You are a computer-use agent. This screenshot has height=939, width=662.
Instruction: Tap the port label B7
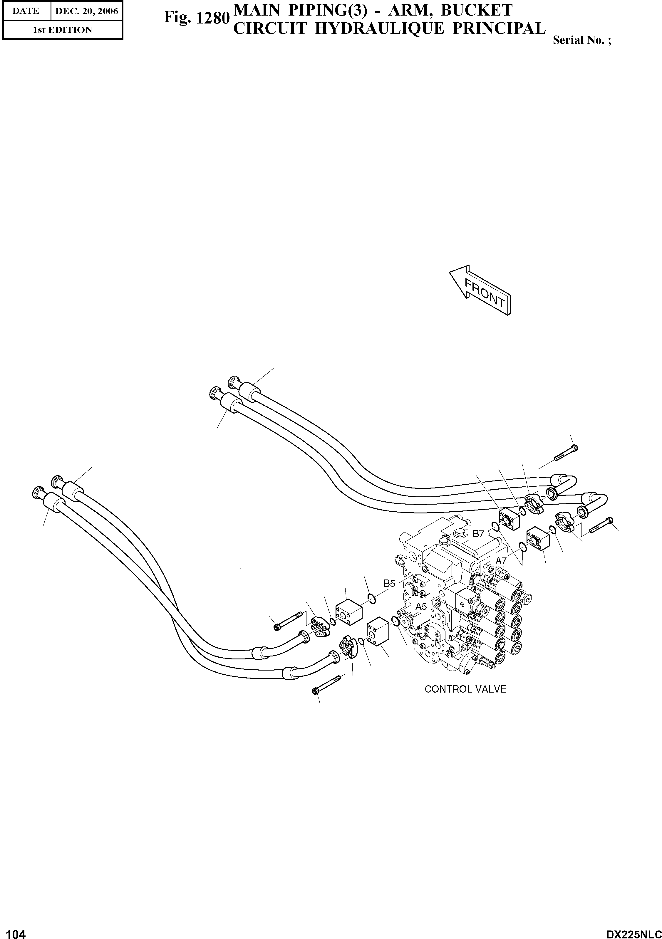click(478, 534)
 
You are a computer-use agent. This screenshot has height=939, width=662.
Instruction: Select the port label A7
click(501, 561)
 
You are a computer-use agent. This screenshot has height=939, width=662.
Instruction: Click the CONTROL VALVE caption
click(465, 689)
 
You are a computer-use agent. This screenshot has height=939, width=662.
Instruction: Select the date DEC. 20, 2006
click(87, 11)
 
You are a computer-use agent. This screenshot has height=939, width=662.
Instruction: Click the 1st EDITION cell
click(62, 30)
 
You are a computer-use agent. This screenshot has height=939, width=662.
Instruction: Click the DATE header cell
click(26, 11)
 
